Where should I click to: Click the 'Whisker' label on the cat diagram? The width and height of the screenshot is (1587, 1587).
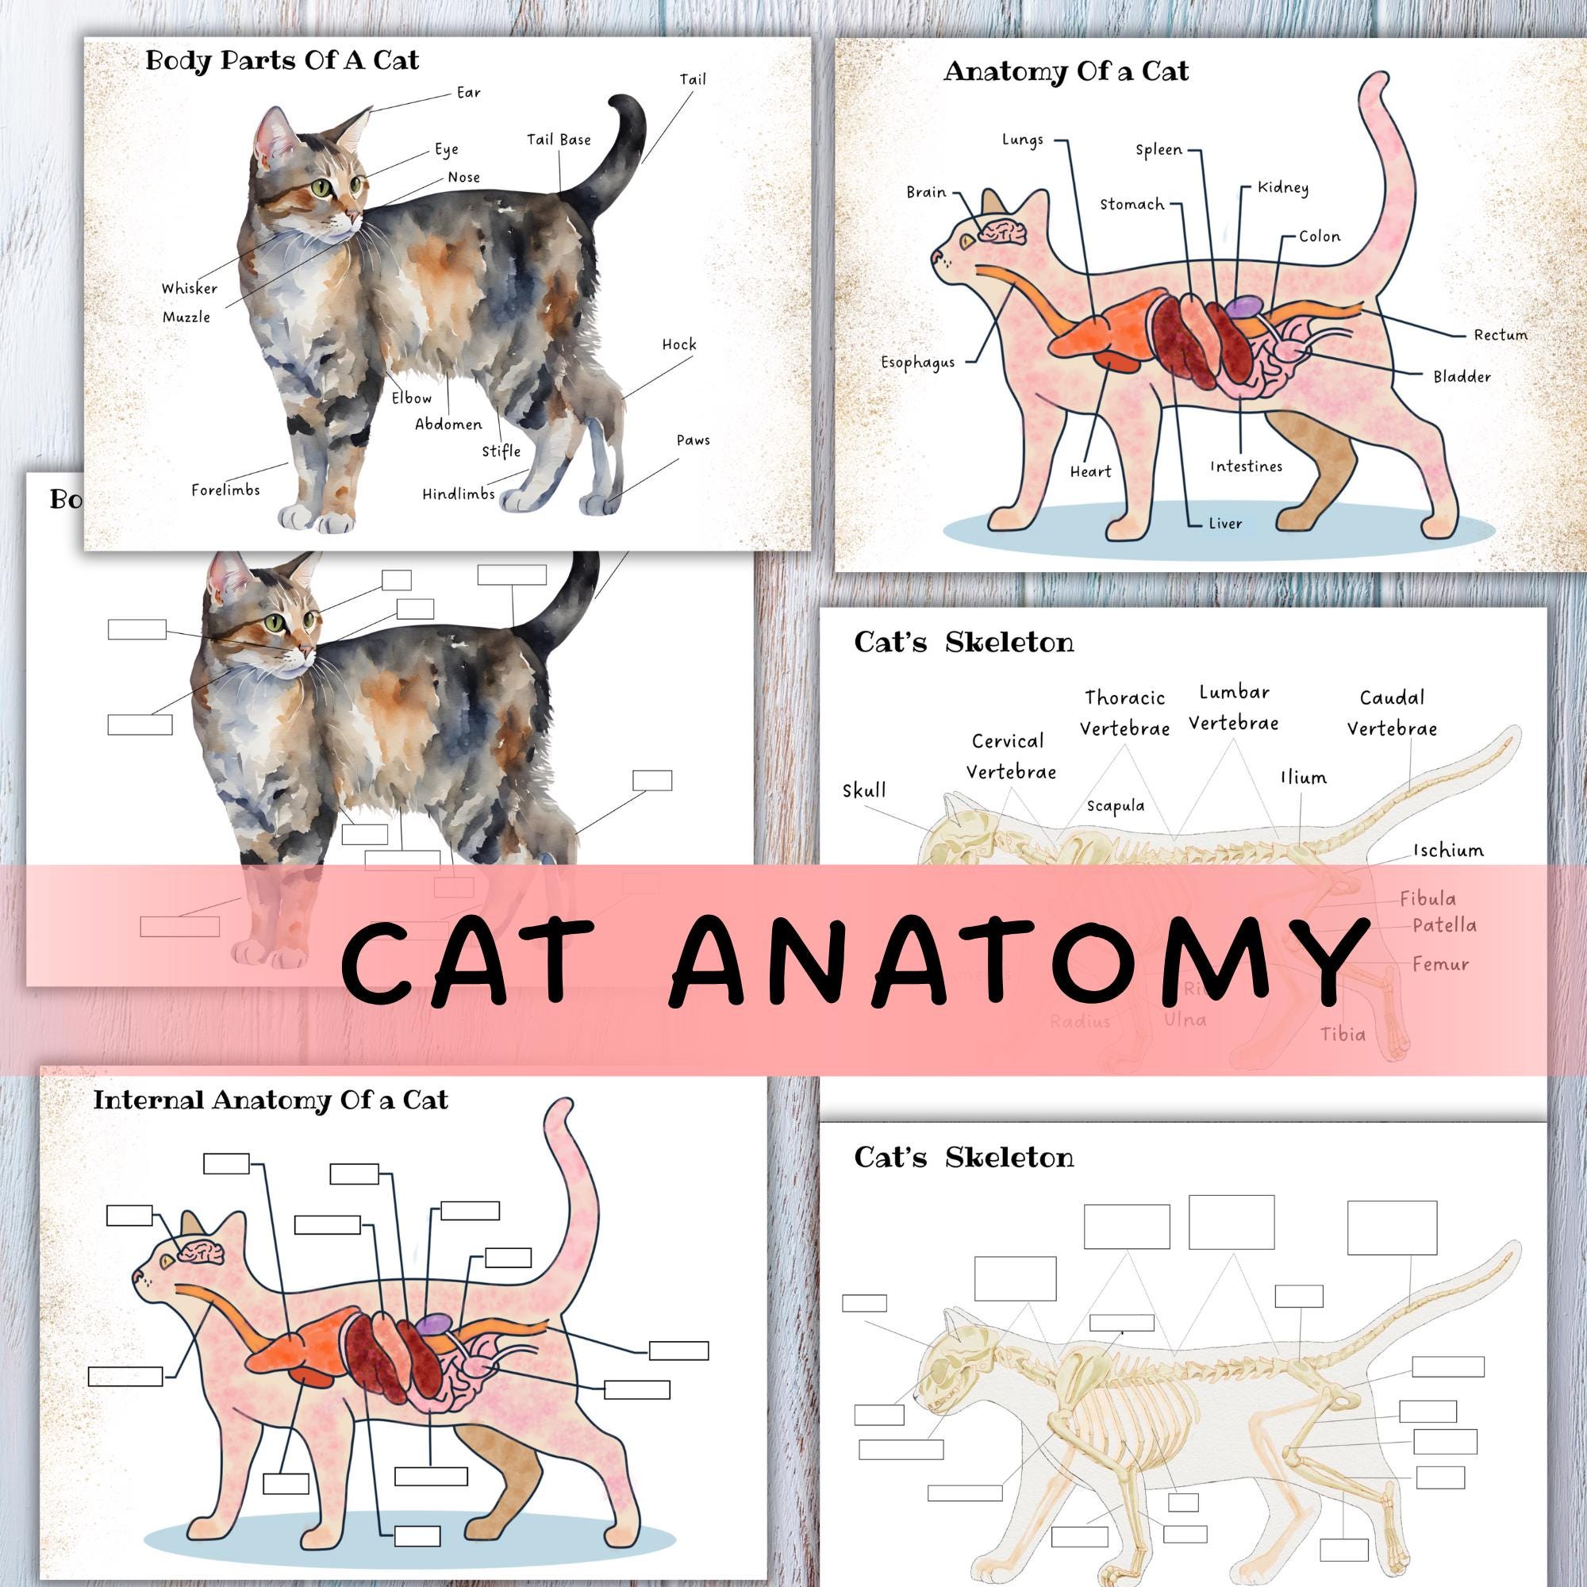190,288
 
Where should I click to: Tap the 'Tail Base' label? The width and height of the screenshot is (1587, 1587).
559,140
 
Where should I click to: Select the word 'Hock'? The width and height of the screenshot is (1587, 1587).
679,344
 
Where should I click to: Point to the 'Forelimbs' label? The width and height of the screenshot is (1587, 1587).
226,490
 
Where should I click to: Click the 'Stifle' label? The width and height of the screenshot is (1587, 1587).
501,451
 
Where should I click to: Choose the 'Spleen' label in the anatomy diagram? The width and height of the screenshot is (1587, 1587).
1159,149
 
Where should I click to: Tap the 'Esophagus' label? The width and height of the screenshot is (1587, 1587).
918,363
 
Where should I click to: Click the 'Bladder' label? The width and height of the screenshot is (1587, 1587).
1462,377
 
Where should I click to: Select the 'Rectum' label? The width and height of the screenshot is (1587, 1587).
1501,335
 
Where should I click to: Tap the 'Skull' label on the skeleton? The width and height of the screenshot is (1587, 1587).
864,790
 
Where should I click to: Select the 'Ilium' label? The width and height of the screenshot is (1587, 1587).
1304,777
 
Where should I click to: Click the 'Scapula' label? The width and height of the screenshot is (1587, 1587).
1116,806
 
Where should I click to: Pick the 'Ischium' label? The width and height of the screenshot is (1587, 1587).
1449,850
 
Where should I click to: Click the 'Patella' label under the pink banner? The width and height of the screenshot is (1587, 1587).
1445,926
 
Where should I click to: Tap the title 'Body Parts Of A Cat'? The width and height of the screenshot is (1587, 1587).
282,61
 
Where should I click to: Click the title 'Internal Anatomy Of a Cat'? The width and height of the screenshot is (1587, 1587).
271,1100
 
